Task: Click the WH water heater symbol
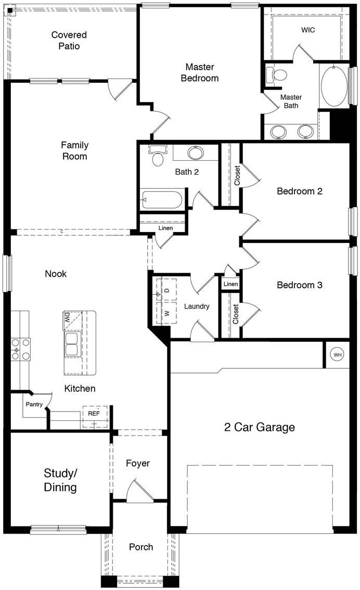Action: click(x=338, y=355)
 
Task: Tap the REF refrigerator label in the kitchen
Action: click(x=94, y=414)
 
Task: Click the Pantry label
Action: click(x=34, y=404)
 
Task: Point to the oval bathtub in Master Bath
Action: click(x=334, y=86)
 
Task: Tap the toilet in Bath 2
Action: click(x=157, y=156)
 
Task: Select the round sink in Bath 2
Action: click(x=196, y=153)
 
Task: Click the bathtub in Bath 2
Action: click(x=162, y=200)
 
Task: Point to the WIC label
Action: click(x=308, y=30)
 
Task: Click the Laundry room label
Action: click(x=197, y=306)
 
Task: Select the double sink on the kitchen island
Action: click(x=72, y=344)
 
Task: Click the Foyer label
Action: click(x=138, y=463)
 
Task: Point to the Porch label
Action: click(x=141, y=547)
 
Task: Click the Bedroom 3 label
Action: click(x=299, y=285)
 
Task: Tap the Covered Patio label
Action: click(x=69, y=41)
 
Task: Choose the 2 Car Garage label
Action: click(x=259, y=427)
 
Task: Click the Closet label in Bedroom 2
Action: click(x=237, y=175)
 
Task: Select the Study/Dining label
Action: click(x=60, y=480)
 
